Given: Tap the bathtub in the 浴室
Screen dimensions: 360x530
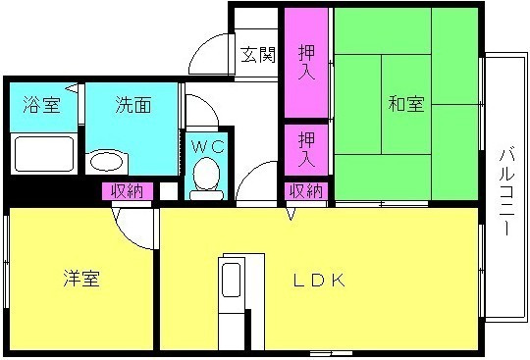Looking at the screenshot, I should pyautogui.click(x=44, y=154).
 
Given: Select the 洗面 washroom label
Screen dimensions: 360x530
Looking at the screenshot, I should pyautogui.click(x=132, y=105).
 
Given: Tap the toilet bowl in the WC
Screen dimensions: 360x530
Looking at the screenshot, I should pyautogui.click(x=206, y=178).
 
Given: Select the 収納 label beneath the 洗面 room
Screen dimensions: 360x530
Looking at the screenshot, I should pyautogui.click(x=128, y=191).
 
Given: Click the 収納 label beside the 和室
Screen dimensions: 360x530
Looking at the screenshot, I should pyautogui.click(x=306, y=191).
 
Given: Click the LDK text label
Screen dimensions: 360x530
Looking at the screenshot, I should pyautogui.click(x=319, y=280).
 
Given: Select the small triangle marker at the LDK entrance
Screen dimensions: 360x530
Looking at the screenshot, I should pyautogui.click(x=291, y=213).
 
